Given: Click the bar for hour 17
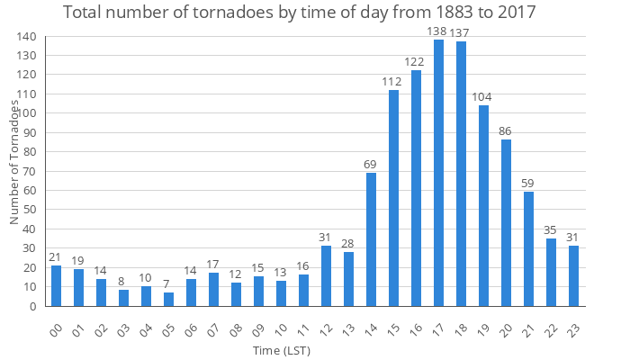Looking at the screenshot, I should (x=438, y=173).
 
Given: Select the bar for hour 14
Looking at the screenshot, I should (x=371, y=239).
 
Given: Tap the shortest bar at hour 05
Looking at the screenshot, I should (x=168, y=300).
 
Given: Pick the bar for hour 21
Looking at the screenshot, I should (x=528, y=249).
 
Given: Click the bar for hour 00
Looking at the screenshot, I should (x=56, y=286).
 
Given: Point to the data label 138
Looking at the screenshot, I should (x=438, y=31).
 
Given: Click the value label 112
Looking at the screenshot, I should (x=391, y=81).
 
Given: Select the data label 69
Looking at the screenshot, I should (x=371, y=164).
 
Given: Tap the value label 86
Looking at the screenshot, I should (x=506, y=130).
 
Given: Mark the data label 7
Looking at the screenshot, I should (x=168, y=283).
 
